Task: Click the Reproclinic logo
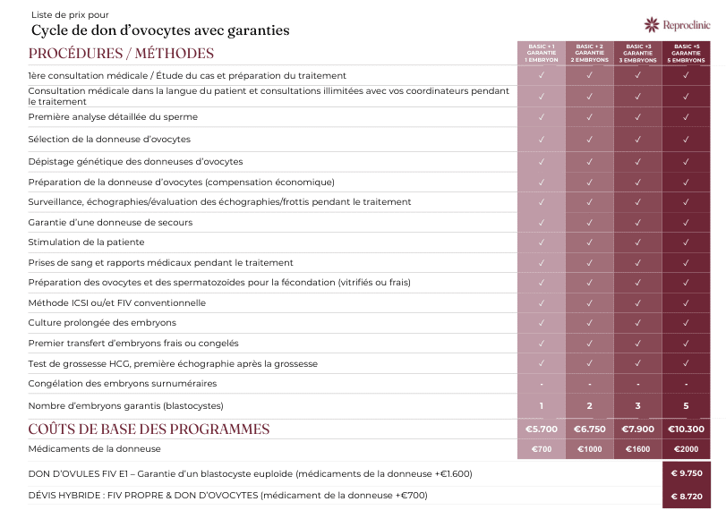[x=677, y=24]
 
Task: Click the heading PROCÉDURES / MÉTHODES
[x=121, y=54]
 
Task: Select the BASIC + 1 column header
[x=542, y=53]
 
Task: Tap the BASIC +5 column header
[x=686, y=53]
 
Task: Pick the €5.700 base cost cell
[x=542, y=429]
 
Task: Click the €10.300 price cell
[x=686, y=429]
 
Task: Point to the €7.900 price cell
[x=637, y=429]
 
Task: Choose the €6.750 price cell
[x=589, y=429]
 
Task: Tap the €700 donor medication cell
[x=542, y=449]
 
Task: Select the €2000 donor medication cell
[x=686, y=449]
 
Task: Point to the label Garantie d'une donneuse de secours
[x=110, y=222]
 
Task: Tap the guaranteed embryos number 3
[x=637, y=406]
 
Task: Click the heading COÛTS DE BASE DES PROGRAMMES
[x=149, y=429]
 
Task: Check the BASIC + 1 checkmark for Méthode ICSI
[x=542, y=303]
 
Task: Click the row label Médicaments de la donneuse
[x=95, y=448]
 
